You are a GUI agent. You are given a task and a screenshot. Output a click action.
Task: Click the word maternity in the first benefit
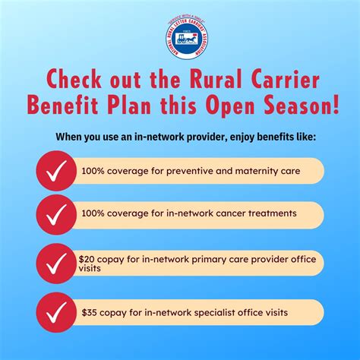click(x=257, y=171)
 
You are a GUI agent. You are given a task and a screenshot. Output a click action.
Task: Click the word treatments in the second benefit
click(x=266, y=214)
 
